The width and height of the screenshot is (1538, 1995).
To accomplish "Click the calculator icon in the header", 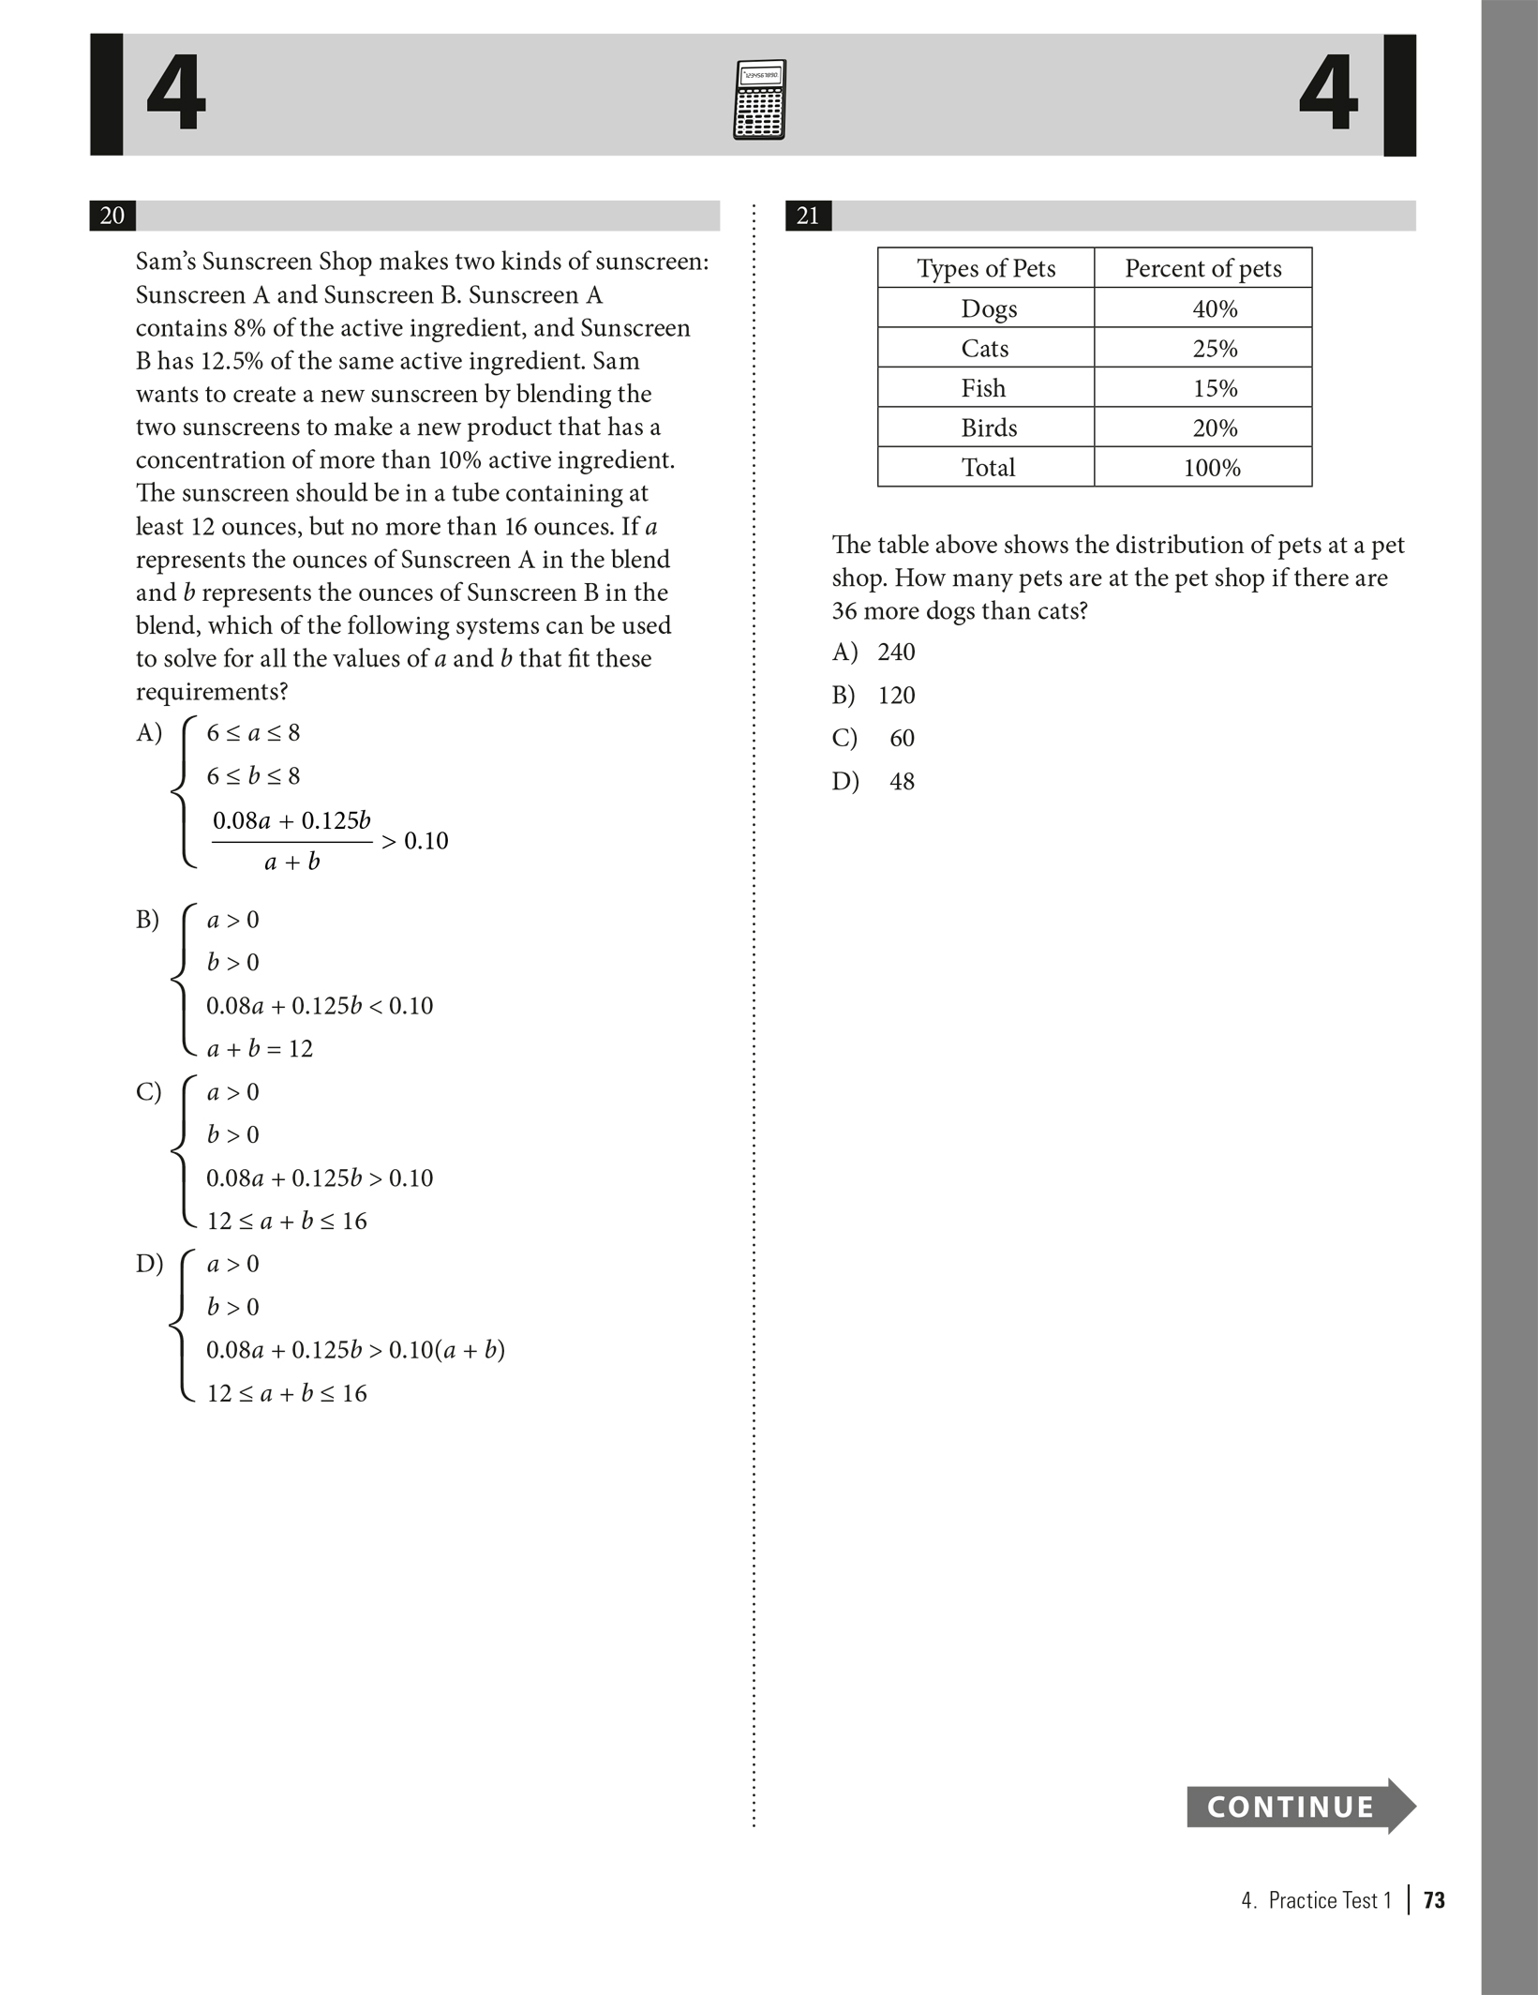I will point(759,99).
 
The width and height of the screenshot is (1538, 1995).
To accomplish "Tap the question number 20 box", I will point(112,216).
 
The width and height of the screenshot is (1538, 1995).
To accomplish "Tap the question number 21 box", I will point(808,217).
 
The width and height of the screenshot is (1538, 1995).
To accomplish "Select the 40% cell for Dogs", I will point(1215,308).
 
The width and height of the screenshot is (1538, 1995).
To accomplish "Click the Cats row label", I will point(985,349).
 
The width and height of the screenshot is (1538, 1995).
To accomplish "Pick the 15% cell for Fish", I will point(1215,388).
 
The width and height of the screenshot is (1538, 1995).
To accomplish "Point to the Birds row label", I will point(988,428).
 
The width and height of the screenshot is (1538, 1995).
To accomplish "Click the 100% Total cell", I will point(1212,468).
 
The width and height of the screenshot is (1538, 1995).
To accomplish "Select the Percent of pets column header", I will point(1202,269).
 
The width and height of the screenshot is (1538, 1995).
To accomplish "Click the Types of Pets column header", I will point(986,269).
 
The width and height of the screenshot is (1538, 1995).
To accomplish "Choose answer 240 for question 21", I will point(895,652).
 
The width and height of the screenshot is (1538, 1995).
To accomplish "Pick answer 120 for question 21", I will point(896,696).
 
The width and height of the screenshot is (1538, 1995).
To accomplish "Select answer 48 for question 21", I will point(902,782).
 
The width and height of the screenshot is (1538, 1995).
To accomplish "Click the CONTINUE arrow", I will point(1300,1807).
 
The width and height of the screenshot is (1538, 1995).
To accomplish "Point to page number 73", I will point(1433,1900).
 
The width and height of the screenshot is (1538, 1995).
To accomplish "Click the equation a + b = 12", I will point(260,1049).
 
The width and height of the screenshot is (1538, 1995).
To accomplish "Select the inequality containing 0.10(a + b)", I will point(355,1351).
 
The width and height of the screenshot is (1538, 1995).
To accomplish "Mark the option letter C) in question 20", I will point(148,1092).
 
